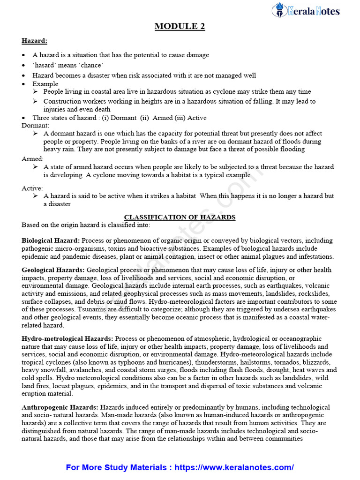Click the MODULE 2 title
click(x=180, y=27)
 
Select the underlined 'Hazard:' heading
click(x=34, y=41)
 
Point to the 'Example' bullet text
click(x=45, y=84)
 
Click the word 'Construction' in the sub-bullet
click(x=62, y=101)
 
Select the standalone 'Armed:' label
click(x=33, y=159)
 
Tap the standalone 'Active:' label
click(x=32, y=188)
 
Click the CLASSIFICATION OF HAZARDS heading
click(x=180, y=217)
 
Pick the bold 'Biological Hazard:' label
click(x=51, y=240)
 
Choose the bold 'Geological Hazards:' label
click(x=53, y=270)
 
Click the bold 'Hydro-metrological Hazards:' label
click(x=67, y=338)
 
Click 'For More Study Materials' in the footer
click(x=116, y=467)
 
